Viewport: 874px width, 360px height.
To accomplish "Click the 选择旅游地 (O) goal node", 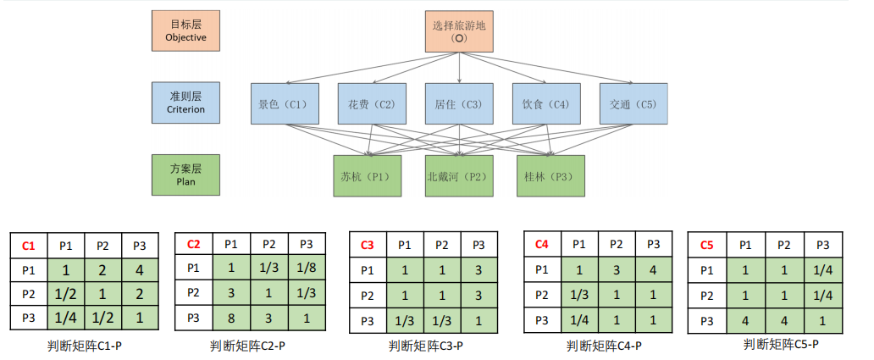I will pyautogui.click(x=459, y=31).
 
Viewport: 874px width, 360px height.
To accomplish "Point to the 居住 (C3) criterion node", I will pyautogui.click(x=458, y=104).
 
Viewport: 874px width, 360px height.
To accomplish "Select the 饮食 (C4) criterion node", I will pyautogui.click(x=545, y=104).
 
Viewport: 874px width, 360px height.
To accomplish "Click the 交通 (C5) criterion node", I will pyautogui.click(x=633, y=104).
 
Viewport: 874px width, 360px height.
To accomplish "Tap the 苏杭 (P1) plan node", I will pyautogui.click(x=367, y=176).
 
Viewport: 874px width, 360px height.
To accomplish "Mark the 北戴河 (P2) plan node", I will pyautogui.click(x=458, y=176).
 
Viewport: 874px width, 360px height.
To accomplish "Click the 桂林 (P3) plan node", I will pyautogui.click(x=550, y=176).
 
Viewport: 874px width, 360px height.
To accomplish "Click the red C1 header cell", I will pyautogui.click(x=29, y=246).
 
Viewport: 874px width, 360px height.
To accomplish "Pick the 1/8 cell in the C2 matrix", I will pyautogui.click(x=306, y=269).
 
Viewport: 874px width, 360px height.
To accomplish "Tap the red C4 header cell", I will pyautogui.click(x=542, y=244).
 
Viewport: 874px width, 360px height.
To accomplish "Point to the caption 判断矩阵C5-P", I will pyautogui.click(x=781, y=344).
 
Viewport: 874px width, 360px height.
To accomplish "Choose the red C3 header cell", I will pyautogui.click(x=368, y=246).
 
